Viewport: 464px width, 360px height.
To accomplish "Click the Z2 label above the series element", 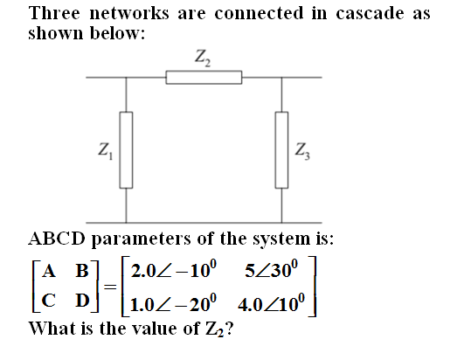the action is click(x=203, y=58).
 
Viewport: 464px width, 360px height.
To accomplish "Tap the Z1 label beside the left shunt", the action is click(x=106, y=151).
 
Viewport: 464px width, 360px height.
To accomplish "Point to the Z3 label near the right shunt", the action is click(x=302, y=151).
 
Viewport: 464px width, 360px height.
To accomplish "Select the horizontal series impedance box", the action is click(x=204, y=77).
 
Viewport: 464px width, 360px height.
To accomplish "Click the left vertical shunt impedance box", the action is click(x=126, y=150).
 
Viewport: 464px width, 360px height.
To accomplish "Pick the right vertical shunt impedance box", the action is click(x=281, y=150).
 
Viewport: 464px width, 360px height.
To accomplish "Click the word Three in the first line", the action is click(x=54, y=13).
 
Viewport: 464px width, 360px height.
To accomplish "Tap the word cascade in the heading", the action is click(x=370, y=13).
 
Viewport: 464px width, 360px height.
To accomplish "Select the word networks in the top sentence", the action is click(x=129, y=13).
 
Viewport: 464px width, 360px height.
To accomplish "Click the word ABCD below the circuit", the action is click(x=57, y=239).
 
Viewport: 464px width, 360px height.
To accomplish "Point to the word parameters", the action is click(x=142, y=239).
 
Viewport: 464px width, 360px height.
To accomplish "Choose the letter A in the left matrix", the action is click(x=49, y=270).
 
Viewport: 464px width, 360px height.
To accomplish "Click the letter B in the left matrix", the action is click(x=82, y=270).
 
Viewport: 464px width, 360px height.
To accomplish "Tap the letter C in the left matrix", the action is click(x=49, y=301).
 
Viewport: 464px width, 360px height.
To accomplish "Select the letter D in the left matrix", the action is click(x=82, y=301).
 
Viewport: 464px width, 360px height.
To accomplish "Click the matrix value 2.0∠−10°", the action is click(x=174, y=269).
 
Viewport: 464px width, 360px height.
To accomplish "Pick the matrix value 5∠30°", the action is click(x=272, y=269).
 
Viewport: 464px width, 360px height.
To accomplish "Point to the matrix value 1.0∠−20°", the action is click(x=173, y=303).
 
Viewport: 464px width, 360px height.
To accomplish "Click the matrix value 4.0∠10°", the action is click(x=271, y=303).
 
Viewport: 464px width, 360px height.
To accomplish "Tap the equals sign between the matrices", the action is click(x=110, y=287).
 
